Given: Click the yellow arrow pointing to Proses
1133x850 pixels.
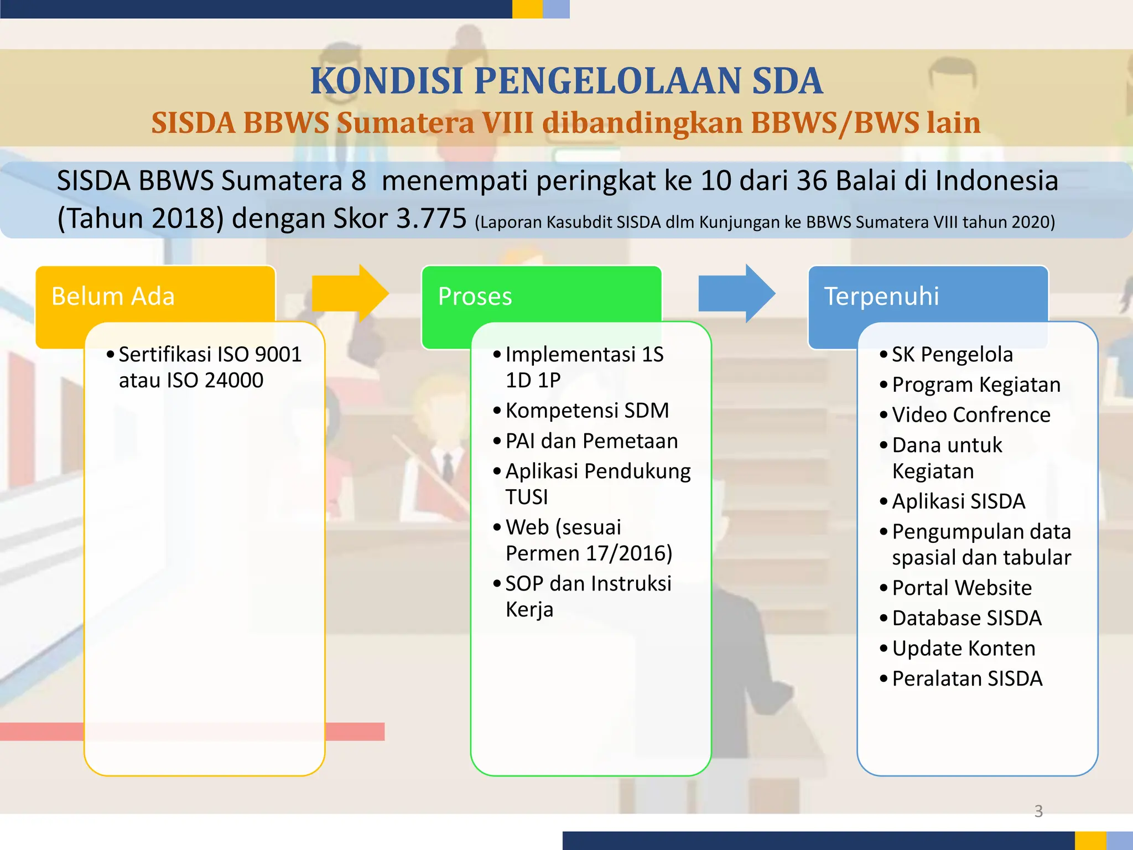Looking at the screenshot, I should [350, 294].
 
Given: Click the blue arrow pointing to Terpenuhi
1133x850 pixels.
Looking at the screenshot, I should [736, 294].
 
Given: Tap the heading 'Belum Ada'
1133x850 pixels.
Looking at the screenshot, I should [113, 296].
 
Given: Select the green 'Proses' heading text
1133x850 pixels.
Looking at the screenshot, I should [475, 296].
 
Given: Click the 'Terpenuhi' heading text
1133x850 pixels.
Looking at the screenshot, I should [881, 296].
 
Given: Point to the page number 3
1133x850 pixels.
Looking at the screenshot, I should [1038, 811].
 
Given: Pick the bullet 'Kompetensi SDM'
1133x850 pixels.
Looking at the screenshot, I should [587, 411].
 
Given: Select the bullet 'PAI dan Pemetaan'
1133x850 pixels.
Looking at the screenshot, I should [591, 441].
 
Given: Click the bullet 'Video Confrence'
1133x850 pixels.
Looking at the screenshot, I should [971, 414].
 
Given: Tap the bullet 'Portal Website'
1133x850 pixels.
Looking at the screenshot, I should [962, 588].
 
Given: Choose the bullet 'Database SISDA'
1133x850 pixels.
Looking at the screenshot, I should [966, 618].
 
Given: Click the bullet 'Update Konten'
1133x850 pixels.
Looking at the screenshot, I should [963, 648].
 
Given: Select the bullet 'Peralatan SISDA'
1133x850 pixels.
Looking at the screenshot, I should [967, 678].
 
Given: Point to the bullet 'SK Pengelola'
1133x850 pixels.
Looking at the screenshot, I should [952, 354].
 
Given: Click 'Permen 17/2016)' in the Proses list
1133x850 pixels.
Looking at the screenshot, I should [589, 553].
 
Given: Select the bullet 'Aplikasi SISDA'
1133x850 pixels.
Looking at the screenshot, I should [958, 501].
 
